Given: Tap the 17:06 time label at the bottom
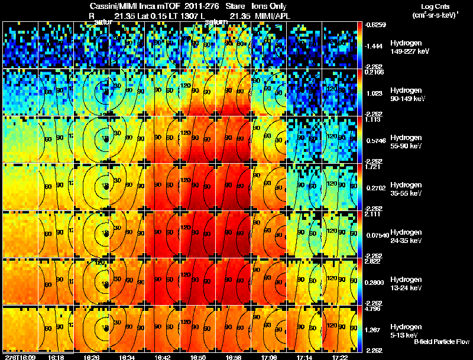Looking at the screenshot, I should pyautogui.click(x=268, y=356).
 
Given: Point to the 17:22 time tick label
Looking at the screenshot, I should pyautogui.click(x=339, y=356).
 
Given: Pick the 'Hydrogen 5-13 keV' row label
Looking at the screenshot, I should pyautogui.click(x=405, y=330).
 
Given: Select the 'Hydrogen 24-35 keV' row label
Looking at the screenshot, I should pyautogui.click(x=406, y=236).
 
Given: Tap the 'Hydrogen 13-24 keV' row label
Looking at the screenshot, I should pyautogui.click(x=406, y=283).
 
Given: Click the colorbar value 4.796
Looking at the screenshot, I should pyautogui.click(x=374, y=309).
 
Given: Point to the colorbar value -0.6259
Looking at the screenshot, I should pyautogui.click(x=375, y=25).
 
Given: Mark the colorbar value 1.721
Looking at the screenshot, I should pyautogui.click(x=372, y=167).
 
